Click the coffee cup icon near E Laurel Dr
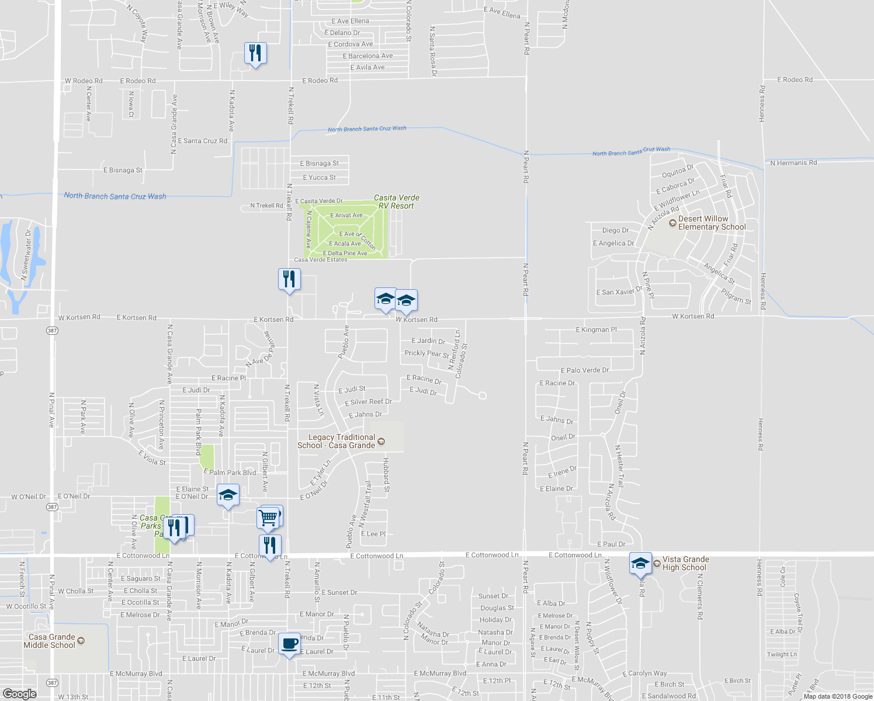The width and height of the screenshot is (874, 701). pos(289,644)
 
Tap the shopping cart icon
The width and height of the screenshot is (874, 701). pos(268,518)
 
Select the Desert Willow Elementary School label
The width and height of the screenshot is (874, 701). pos(712,223)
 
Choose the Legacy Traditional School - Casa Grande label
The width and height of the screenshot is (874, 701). pos(337,441)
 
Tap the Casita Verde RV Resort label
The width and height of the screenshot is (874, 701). pos(396,202)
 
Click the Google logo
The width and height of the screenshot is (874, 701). pos(19,693)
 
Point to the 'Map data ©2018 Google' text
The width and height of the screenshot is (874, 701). pos(837,696)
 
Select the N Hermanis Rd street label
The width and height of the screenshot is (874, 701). pos(793,163)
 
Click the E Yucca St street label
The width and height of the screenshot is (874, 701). pos(319,178)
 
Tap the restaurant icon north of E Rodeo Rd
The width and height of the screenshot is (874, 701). pos(255,53)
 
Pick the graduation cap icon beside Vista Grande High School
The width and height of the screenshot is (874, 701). pos(640,563)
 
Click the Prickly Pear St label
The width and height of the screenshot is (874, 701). pos(426,353)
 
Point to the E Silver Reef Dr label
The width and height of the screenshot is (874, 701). pos(368,402)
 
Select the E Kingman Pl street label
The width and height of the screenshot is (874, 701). pos(596,330)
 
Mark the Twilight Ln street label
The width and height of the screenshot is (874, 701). pos(782,655)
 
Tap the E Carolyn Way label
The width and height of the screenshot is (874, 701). pos(644,674)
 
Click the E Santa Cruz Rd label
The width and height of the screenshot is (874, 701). pos(202,141)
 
